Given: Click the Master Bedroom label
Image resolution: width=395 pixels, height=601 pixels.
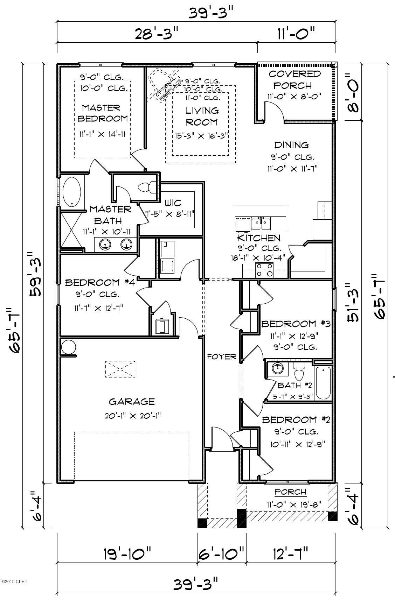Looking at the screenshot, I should coord(103,113).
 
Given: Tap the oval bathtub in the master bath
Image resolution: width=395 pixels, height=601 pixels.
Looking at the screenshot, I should coord(72,192).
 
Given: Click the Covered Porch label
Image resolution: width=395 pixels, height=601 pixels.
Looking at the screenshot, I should coord(294,79).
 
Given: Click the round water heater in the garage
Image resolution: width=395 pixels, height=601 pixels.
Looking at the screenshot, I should coord(68,347).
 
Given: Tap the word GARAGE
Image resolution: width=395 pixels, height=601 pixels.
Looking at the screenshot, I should coord(132,402).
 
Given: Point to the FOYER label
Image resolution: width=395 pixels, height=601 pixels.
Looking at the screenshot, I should coord(222,357).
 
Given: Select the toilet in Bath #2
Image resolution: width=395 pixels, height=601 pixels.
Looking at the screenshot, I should coord(299,373).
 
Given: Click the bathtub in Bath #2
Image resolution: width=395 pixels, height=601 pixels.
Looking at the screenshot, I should coord(323,383).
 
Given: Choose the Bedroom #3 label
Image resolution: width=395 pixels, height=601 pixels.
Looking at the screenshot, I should coord(296,324).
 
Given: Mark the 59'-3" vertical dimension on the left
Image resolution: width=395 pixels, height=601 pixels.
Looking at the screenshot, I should coord(36,273).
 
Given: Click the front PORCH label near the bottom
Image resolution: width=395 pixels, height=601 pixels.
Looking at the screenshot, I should coord(290,492).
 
